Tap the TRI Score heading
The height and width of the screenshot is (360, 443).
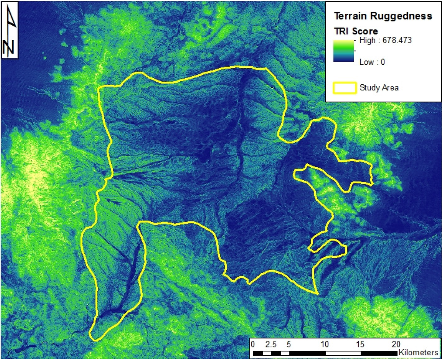pyautogui.click(x=356, y=31)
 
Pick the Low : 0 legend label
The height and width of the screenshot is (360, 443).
pyautogui.click(x=372, y=62)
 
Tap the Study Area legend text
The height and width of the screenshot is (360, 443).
pyautogui.click(x=379, y=88)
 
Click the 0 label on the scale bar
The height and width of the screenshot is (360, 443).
pyautogui.click(x=253, y=344)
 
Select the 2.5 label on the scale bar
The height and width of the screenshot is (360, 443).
pyautogui.click(x=271, y=344)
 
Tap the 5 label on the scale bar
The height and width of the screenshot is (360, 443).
pyautogui.click(x=289, y=344)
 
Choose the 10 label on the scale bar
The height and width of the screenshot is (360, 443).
pyautogui.click(x=324, y=344)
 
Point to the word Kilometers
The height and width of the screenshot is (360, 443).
pyautogui.click(x=418, y=353)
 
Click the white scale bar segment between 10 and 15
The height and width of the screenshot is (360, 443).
pyautogui.click(x=342, y=353)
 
